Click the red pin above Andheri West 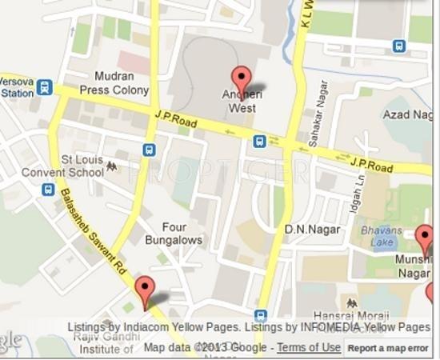click(x=242, y=79)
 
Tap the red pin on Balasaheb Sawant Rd click(x=144, y=290)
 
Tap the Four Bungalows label click(x=174, y=233)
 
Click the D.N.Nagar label click(x=312, y=230)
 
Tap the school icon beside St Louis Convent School click(x=110, y=166)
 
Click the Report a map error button click(x=388, y=348)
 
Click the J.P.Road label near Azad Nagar click(x=372, y=166)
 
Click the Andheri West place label click(x=242, y=101)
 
